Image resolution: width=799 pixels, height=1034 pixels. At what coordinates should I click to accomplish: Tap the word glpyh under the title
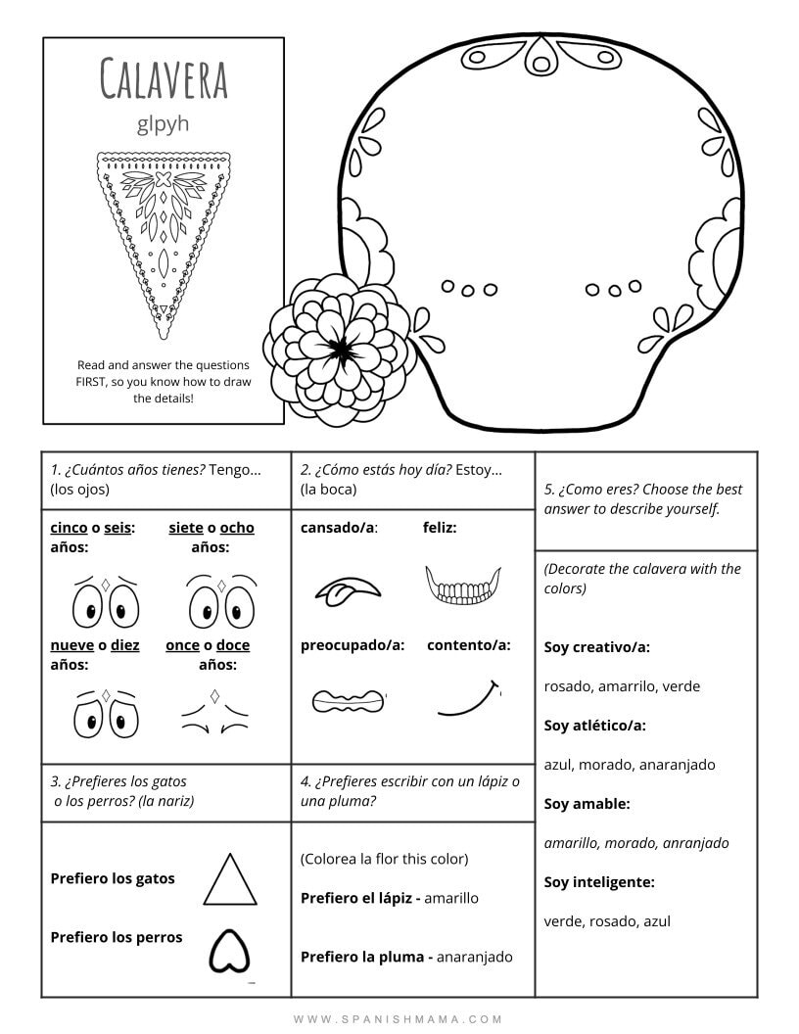pyautogui.click(x=164, y=124)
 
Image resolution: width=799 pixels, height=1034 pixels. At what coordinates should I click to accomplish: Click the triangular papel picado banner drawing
pyautogui.click(x=164, y=229)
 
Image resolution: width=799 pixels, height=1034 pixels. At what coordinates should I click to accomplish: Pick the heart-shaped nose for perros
pyautogui.click(x=229, y=949)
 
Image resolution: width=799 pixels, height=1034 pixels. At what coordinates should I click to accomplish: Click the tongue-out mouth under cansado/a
pyautogui.click(x=346, y=588)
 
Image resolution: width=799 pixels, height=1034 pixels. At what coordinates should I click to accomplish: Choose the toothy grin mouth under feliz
pyautogui.click(x=462, y=587)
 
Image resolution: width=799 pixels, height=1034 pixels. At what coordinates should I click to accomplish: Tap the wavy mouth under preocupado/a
pyautogui.click(x=349, y=700)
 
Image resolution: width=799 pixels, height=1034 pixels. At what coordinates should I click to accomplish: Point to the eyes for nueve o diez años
pyautogui.click(x=104, y=715)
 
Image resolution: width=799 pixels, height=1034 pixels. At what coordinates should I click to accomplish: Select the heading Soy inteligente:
pyautogui.click(x=599, y=882)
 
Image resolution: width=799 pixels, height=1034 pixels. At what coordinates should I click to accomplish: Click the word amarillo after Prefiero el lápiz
pyautogui.click(x=451, y=898)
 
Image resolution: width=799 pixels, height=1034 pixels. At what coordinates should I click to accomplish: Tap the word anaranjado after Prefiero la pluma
pyautogui.click(x=474, y=957)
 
